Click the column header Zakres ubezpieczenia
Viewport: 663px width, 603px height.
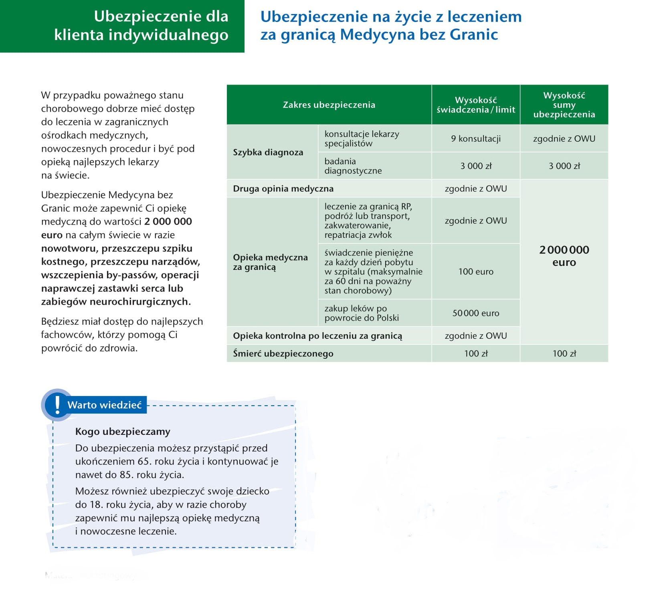(329, 105)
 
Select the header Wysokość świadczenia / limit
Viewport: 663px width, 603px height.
(475, 105)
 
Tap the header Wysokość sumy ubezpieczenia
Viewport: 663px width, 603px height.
(564, 105)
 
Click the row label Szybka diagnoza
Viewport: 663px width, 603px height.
(268, 152)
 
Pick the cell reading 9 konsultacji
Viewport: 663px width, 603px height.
(475, 139)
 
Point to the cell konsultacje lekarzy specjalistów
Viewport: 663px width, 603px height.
(362, 139)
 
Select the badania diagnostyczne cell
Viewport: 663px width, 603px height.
(353, 166)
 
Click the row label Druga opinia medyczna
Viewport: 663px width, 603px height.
(283, 189)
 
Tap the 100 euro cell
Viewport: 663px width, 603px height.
(475, 271)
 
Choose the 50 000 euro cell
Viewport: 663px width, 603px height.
(475, 313)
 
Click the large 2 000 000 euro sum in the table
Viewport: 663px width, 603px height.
(564, 256)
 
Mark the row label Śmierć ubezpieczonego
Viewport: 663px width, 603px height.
(283, 354)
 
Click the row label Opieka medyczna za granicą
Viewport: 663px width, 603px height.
(270, 262)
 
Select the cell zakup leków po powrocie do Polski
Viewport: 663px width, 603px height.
(362, 313)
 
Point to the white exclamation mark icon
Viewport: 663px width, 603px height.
(57, 405)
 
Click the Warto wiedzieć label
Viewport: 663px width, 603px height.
(105, 405)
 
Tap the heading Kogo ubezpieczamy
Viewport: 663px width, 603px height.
(123, 432)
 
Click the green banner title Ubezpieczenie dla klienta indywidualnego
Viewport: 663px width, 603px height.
(141, 26)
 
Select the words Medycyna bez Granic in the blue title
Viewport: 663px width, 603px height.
(419, 35)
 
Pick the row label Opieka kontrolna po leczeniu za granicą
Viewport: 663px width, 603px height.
(317, 336)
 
